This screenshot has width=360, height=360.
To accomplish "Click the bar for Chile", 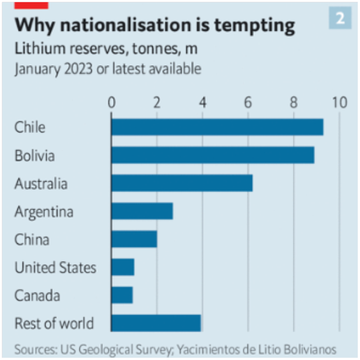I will point(217,127).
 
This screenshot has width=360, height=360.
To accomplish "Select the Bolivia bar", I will point(213,155).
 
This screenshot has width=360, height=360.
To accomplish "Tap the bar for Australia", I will point(182,183).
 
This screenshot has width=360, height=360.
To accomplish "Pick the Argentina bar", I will point(142,211).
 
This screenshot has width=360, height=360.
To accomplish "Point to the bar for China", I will point(134,239).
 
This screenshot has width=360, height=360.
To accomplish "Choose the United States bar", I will point(123,267).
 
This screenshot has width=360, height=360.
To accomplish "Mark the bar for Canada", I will point(122,295).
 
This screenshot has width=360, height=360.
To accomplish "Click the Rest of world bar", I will point(156,324).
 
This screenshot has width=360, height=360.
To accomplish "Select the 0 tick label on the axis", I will point(111,103).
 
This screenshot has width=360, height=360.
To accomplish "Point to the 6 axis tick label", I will point(248,103).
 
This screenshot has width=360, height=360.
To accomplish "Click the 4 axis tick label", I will point(202,103).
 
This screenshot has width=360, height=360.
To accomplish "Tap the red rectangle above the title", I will point(31,4).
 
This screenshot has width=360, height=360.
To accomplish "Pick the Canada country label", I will point(37,296).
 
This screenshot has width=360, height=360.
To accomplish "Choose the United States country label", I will point(55,268).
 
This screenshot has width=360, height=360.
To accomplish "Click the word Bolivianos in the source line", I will point(308,349).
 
